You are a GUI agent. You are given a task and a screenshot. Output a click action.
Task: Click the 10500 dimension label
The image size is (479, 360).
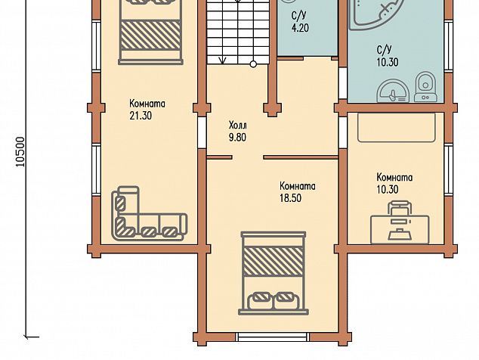(x=20, y=152)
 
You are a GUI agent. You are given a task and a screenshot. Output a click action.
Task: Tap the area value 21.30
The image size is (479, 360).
(x=141, y=116)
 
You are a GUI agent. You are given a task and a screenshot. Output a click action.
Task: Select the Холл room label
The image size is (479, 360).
(x=238, y=126)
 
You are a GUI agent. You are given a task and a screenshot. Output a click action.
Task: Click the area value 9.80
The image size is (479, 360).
(x=237, y=138)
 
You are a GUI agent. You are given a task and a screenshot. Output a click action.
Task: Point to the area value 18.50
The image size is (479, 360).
(x=291, y=198)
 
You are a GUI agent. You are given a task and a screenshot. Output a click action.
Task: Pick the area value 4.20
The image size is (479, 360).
(x=300, y=28)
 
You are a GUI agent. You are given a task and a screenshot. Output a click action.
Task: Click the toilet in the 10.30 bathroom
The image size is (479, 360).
(x=425, y=87)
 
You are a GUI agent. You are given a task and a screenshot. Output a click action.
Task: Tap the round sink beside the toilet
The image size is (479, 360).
(x=393, y=91)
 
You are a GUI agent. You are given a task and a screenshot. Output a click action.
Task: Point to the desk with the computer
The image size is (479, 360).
(x=400, y=229)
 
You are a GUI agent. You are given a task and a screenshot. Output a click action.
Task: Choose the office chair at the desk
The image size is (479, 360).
(x=400, y=208)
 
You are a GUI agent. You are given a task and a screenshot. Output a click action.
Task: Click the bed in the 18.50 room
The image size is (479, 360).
(x=273, y=273)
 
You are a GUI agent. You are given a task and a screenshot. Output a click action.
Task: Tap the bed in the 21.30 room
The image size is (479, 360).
(x=150, y=32)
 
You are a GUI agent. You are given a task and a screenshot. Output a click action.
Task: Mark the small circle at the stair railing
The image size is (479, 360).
(x=253, y=64)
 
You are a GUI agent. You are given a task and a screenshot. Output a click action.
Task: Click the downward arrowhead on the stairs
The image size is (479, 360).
(x=222, y=61)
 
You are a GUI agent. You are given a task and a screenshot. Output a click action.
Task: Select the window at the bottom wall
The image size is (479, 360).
(x=273, y=337)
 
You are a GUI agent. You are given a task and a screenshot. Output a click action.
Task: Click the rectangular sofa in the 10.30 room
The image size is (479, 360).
(x=397, y=128)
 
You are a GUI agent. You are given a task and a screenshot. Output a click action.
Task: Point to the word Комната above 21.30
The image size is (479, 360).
(x=147, y=104)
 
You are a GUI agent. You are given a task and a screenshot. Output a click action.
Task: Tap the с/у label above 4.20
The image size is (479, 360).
(x=298, y=15)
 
